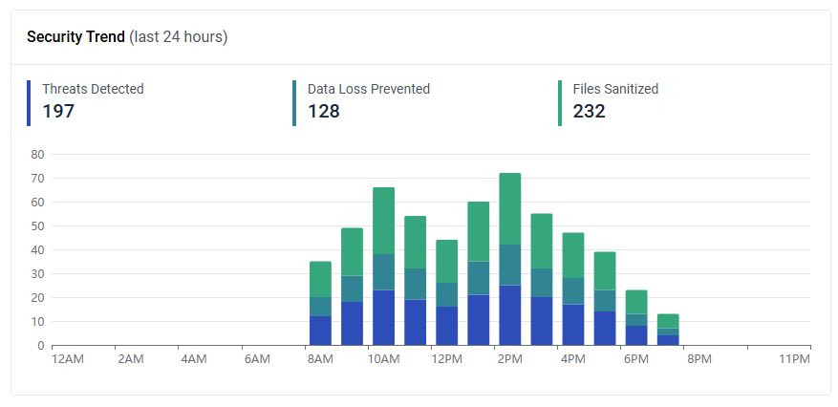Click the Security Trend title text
(x=75, y=37)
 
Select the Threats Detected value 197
(x=58, y=112)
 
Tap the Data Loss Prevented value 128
(x=324, y=112)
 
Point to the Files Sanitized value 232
(x=590, y=112)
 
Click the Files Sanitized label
(x=615, y=89)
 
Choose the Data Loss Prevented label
(x=369, y=89)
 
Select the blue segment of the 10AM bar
(x=383, y=317)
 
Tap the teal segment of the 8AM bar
(x=320, y=307)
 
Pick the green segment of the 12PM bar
(x=446, y=261)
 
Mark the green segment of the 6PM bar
(x=636, y=302)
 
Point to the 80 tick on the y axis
(x=38, y=154)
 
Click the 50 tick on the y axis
(x=38, y=225)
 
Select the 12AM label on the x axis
(x=67, y=359)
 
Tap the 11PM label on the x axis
(x=794, y=359)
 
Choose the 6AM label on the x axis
(x=257, y=359)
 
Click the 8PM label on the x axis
(x=699, y=359)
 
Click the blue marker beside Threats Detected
(x=30, y=103)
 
